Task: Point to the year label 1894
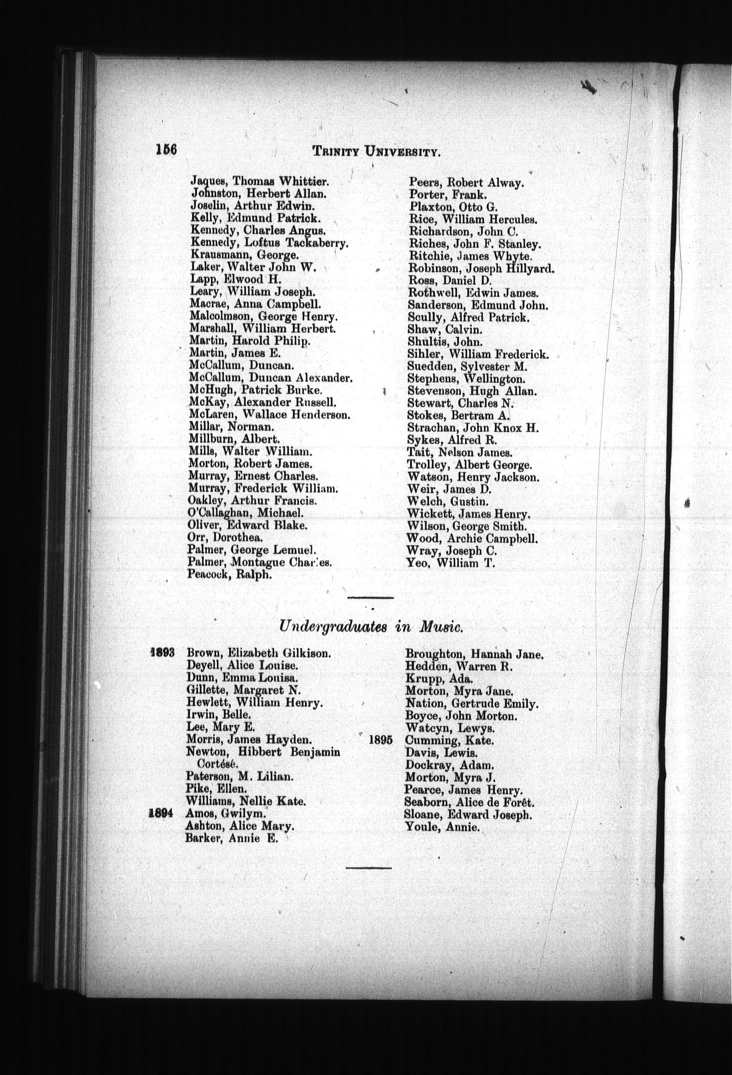point(162,814)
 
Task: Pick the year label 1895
point(381,740)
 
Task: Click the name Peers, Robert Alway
point(466,183)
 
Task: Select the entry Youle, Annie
point(441,827)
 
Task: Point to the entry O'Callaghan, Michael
point(245,513)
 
